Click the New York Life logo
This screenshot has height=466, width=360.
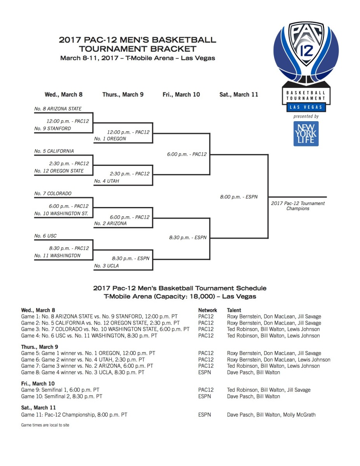pos(306,134)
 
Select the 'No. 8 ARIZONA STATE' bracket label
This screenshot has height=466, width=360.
pos(58,109)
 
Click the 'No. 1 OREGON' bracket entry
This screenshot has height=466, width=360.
pos(110,139)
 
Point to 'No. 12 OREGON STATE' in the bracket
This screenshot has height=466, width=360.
pos(59,171)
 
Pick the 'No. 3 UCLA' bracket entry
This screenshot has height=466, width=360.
pos(106,266)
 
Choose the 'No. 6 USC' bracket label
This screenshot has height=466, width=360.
pos(45,236)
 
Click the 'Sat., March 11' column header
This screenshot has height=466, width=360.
pos(239,94)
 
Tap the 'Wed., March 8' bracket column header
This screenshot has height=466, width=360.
pos(64,94)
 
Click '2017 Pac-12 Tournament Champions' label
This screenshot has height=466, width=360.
pos(298,206)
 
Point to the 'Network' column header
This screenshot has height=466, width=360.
pos(207,310)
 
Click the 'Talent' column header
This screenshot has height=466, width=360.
pos(234,310)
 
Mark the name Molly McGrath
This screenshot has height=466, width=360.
pos(299,415)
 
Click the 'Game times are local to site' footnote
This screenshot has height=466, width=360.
pos(45,425)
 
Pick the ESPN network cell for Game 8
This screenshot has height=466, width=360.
pos(205,372)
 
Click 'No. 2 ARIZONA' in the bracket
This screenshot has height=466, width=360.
pos(110,223)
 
